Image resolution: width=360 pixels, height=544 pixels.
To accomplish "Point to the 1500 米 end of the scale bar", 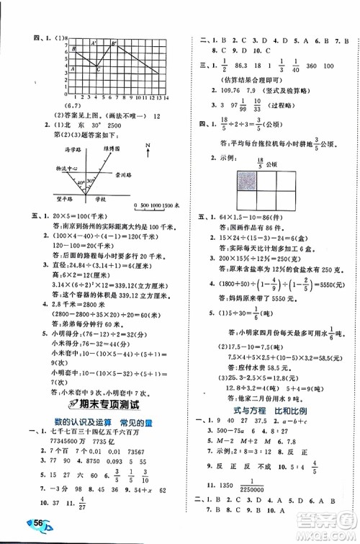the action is [169, 206].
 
